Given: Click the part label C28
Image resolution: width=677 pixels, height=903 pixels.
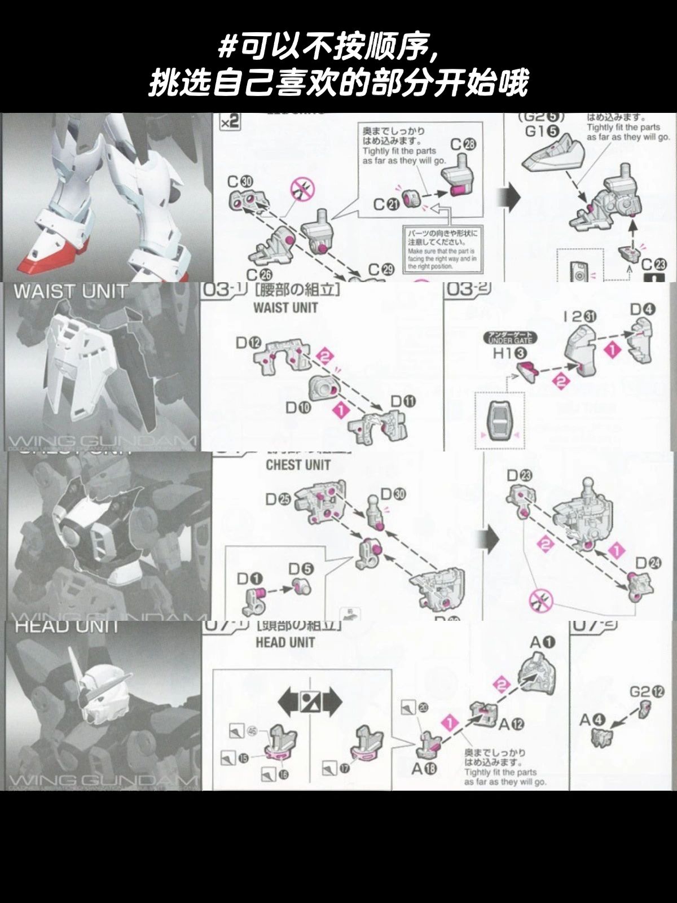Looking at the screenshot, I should [x=463, y=144].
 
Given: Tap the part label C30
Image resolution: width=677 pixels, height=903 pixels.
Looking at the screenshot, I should [x=240, y=182].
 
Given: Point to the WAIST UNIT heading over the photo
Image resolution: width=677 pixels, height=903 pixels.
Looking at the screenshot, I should [x=71, y=292].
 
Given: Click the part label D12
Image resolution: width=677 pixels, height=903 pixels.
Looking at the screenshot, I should [x=248, y=343].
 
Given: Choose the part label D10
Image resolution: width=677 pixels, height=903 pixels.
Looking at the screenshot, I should [x=298, y=407].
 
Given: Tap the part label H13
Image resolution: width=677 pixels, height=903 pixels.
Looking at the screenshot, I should [x=510, y=353].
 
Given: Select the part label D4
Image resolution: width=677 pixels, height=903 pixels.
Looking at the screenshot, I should [x=643, y=309].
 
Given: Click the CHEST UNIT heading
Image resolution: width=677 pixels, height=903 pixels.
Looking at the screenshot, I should [x=298, y=465].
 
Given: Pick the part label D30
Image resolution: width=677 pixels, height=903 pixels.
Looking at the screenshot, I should [x=393, y=494].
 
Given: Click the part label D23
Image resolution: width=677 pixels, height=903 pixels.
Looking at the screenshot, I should [x=519, y=475].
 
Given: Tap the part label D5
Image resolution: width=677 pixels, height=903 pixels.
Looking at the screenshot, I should [x=301, y=569].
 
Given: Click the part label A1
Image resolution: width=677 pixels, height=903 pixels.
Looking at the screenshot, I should [x=543, y=642].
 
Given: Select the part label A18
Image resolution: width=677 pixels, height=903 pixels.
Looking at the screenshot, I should [x=424, y=769].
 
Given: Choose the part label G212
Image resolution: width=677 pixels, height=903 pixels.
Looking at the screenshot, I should [x=647, y=691].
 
